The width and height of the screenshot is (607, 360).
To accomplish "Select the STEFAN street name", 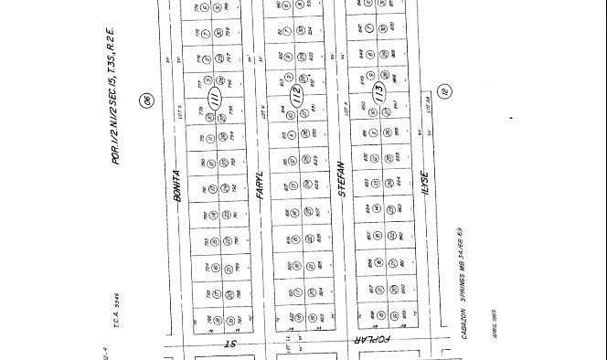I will (340, 175).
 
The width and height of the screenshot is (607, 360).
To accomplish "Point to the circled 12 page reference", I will (445, 90).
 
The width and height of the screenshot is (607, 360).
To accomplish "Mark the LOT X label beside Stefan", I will (344, 110).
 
